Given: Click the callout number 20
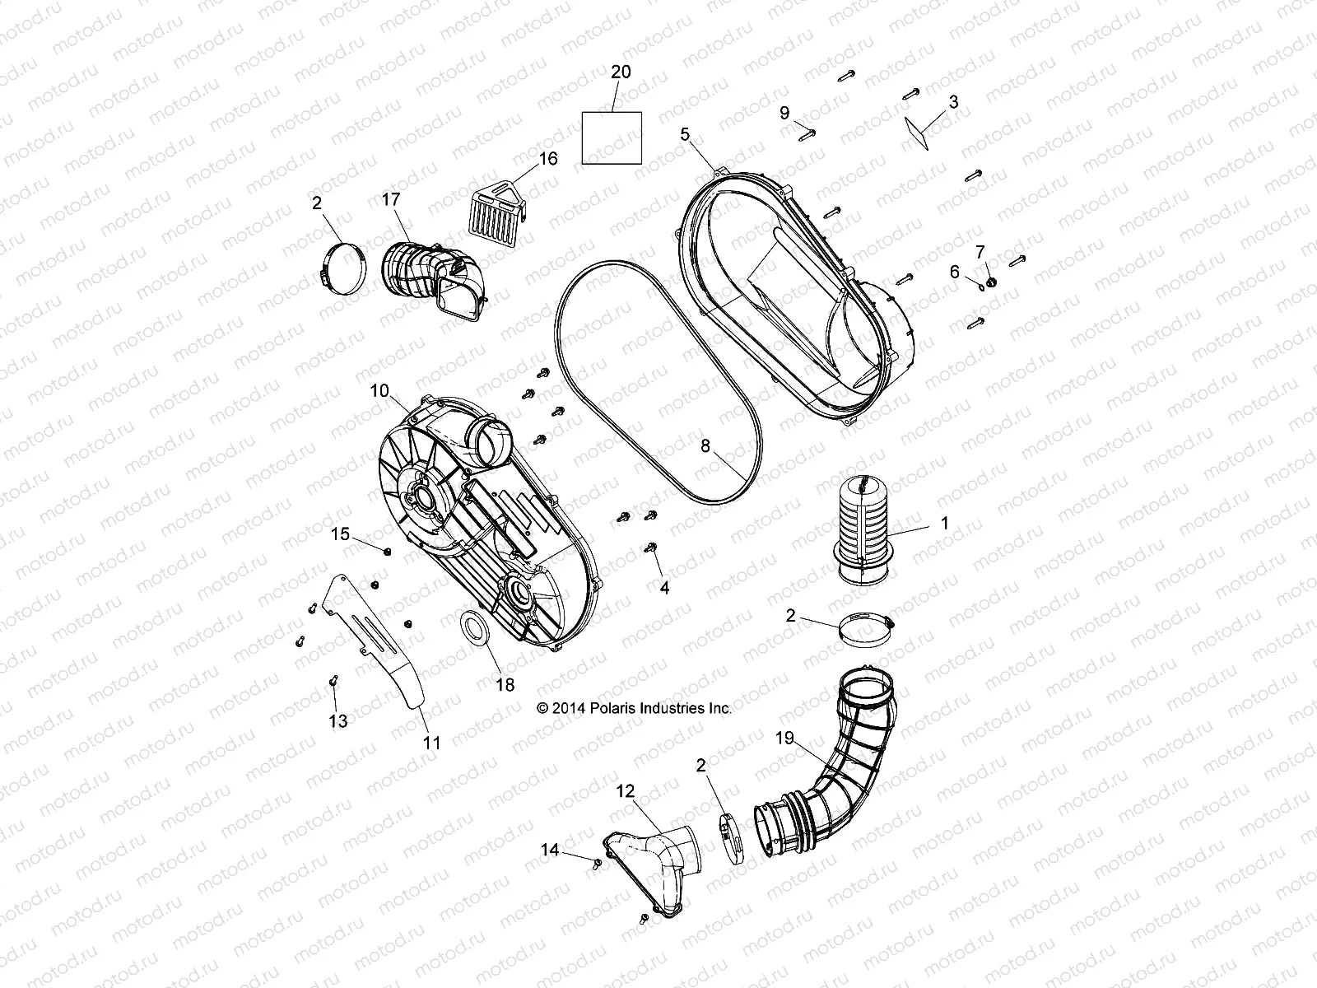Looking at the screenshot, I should (621, 72).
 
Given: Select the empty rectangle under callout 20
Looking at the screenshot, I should (612, 137).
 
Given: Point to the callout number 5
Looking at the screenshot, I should (685, 133).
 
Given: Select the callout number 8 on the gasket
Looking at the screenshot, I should (705, 447).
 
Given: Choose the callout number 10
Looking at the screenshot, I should (379, 391).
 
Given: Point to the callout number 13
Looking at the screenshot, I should (337, 721).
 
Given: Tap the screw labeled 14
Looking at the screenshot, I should (594, 861).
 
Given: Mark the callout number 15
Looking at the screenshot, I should (341, 534).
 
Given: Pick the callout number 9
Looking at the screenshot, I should (784, 112).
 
